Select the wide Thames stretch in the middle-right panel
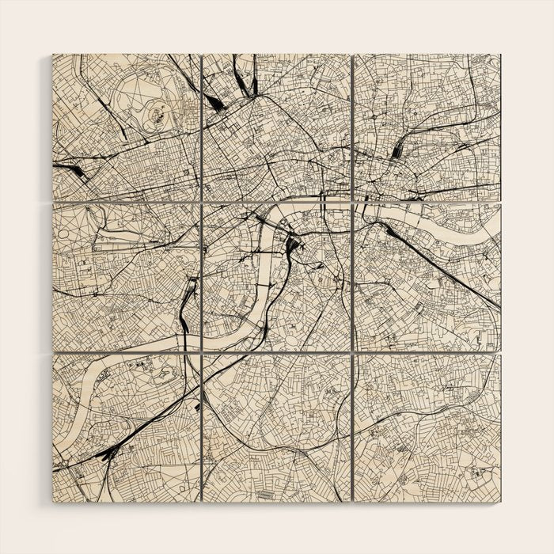[x=443, y=226]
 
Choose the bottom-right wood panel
[x=427, y=427]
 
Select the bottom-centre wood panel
[x=276, y=427]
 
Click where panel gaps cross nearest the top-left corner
[x=201, y=203]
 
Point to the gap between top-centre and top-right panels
[x=351, y=127]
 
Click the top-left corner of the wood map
[x=54, y=55]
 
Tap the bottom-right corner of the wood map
[x=499, y=500]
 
